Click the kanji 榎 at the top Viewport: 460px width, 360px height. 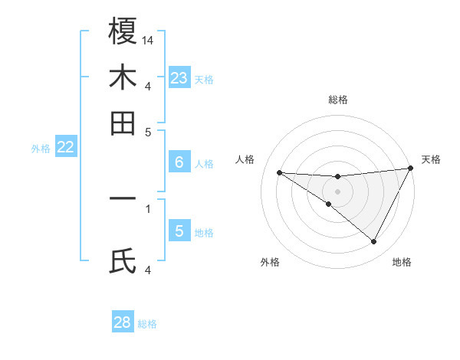pyautogui.click(x=123, y=31)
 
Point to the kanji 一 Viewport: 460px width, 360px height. pyautogui.click(x=123, y=199)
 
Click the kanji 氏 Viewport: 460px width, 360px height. pyautogui.click(x=123, y=260)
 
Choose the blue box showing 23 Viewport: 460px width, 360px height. pyautogui.click(x=179, y=78)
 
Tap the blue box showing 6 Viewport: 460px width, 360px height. pyautogui.click(x=179, y=162)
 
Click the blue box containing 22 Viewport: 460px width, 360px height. pyautogui.click(x=65, y=148)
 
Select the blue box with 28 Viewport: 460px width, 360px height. pyautogui.click(x=123, y=322)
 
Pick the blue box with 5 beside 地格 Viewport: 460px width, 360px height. pyautogui.click(x=179, y=231)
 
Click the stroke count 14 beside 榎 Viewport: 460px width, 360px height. pyautogui.click(x=148, y=39)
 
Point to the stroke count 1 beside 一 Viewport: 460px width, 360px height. pyautogui.click(x=147, y=208)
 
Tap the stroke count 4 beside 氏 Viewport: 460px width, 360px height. pyautogui.click(x=147, y=269)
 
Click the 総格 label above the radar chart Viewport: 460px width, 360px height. pyautogui.click(x=337, y=100)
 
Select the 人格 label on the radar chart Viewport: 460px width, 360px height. pyautogui.click(x=245, y=159)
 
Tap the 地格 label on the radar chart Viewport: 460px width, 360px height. pyautogui.click(x=402, y=262)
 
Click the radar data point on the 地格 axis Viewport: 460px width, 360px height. pyautogui.click(x=374, y=242)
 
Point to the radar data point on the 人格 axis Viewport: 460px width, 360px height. pyautogui.click(x=279, y=172)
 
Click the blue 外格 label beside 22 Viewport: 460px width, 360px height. pyautogui.click(x=40, y=149)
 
